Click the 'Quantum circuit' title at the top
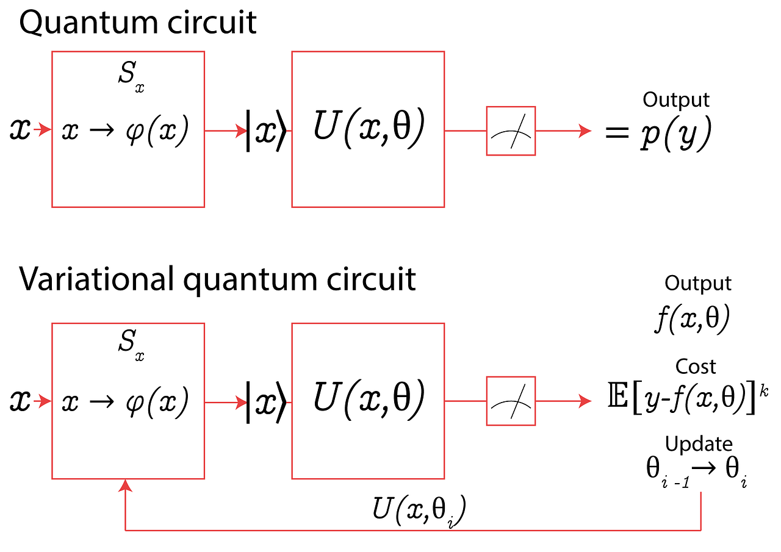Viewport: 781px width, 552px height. click(138, 23)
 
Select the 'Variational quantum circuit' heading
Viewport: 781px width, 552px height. click(217, 279)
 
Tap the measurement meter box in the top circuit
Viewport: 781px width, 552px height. click(511, 131)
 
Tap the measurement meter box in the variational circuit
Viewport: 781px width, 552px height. click(511, 401)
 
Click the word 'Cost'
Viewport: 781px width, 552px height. click(696, 367)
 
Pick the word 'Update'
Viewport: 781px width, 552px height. click(699, 444)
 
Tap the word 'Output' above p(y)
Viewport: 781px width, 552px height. click(676, 100)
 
